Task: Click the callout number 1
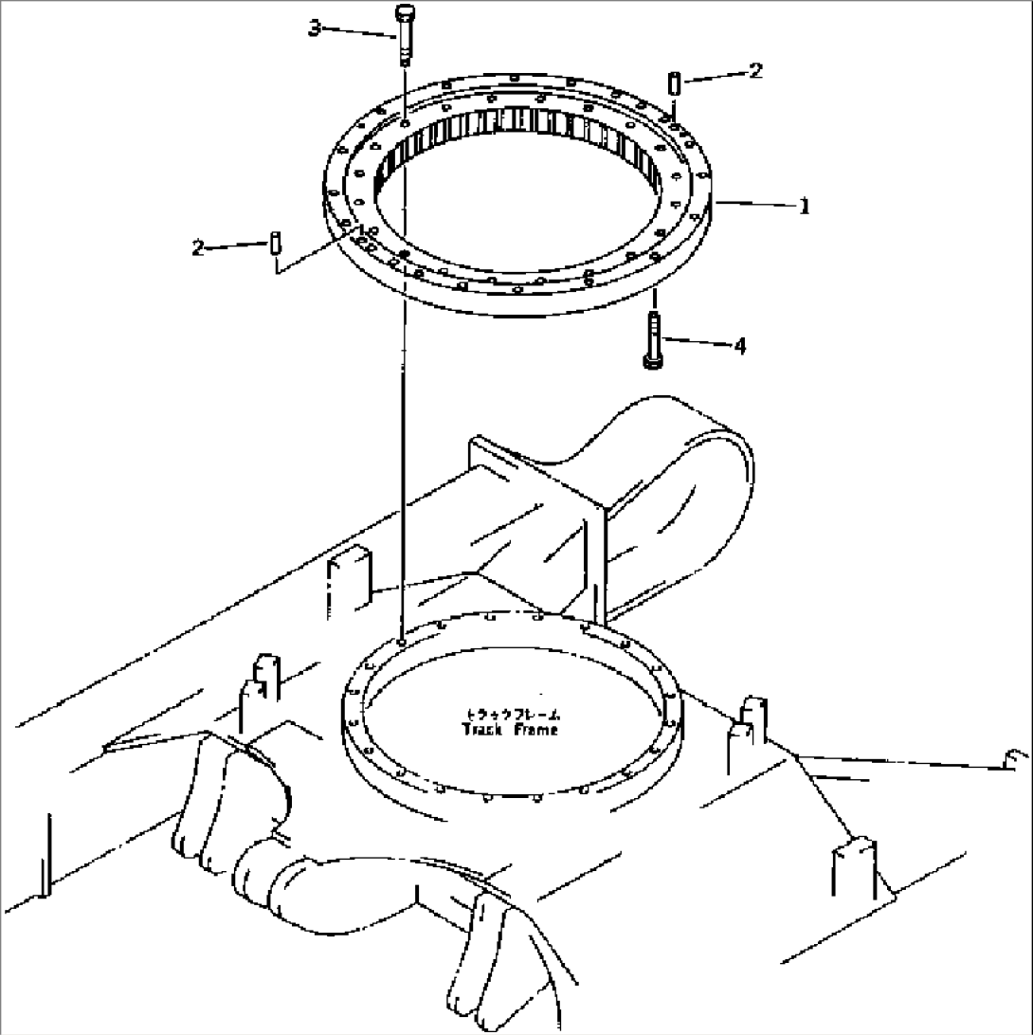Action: click(x=805, y=207)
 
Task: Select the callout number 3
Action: click(x=314, y=28)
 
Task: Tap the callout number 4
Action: click(x=739, y=347)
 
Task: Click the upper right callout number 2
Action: click(x=754, y=71)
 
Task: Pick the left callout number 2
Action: click(x=198, y=248)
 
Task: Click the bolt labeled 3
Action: click(x=405, y=34)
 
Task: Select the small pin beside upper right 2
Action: click(x=673, y=82)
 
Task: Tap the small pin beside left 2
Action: click(x=274, y=243)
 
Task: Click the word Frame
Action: click(x=537, y=730)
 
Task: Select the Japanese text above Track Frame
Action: click(x=512, y=714)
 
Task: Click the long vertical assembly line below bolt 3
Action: click(x=404, y=427)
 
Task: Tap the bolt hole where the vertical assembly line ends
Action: click(x=403, y=642)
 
